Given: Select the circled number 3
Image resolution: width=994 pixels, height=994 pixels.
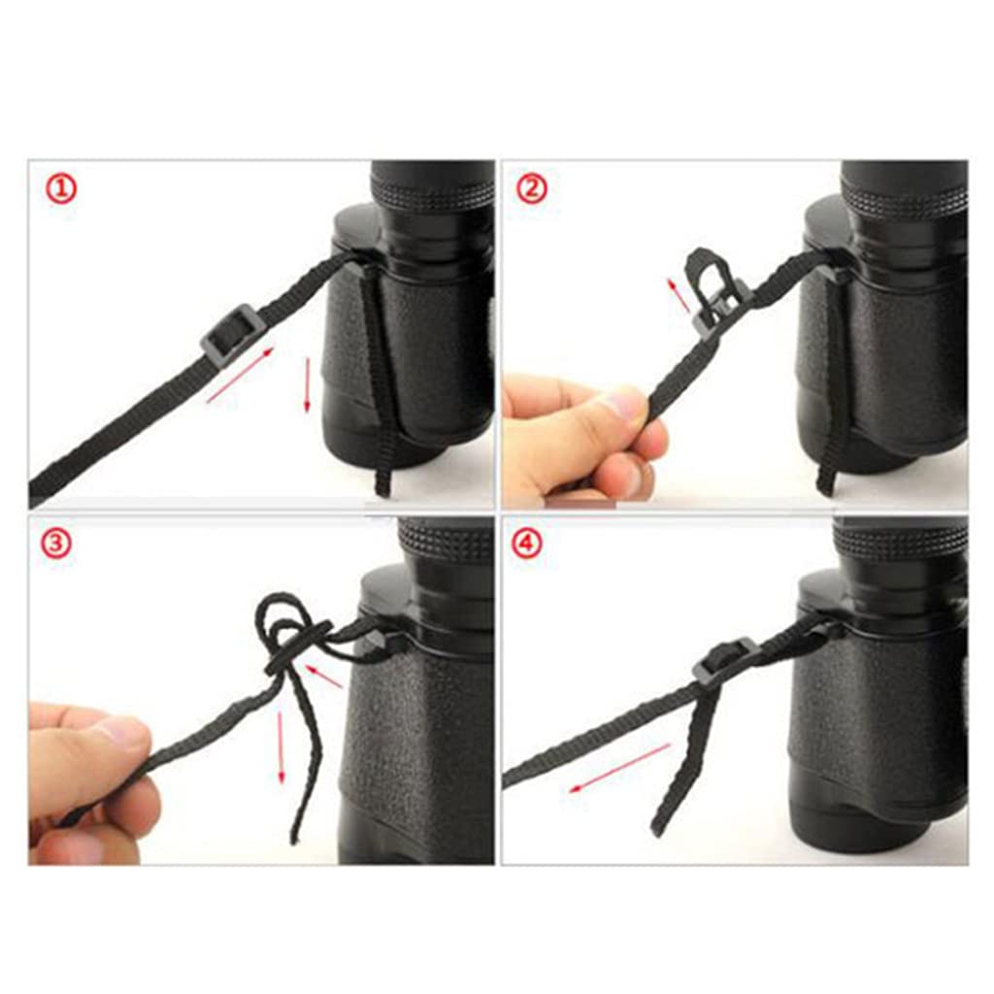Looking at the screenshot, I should click(55, 544).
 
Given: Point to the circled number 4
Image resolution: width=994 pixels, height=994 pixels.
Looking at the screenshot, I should click(527, 544).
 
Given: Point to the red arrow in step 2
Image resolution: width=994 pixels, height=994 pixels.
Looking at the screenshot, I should click(679, 294).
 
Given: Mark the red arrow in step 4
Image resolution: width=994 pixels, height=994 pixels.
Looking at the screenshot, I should click(618, 768).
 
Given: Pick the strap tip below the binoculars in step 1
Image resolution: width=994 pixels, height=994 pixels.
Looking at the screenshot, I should click(381, 480).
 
